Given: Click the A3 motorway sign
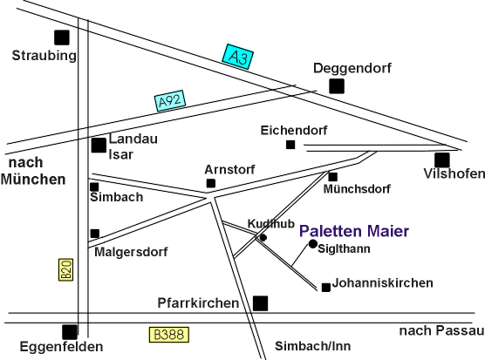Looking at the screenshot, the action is pyautogui.click(x=238, y=57).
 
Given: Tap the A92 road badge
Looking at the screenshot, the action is pyautogui.click(x=170, y=100).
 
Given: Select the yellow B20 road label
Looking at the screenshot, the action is pyautogui.click(x=66, y=269).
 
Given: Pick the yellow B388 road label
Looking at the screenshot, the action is pyautogui.click(x=169, y=335).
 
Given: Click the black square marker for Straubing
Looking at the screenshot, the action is pyautogui.click(x=62, y=37).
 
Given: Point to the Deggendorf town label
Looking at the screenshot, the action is pyautogui.click(x=352, y=68).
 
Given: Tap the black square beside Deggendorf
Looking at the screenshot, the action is pyautogui.click(x=337, y=86).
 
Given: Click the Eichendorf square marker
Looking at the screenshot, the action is pyautogui.click(x=290, y=145).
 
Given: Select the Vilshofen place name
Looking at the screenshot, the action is pyautogui.click(x=454, y=173).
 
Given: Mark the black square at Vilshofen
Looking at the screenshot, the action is pyautogui.click(x=442, y=160).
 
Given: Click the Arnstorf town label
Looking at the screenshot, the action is pyautogui.click(x=229, y=170).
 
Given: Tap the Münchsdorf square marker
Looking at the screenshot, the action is pyautogui.click(x=333, y=177).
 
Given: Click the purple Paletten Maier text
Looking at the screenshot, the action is pyautogui.click(x=354, y=231).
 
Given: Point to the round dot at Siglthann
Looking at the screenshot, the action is pyautogui.click(x=313, y=244).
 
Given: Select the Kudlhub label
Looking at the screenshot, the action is pyautogui.click(x=271, y=224).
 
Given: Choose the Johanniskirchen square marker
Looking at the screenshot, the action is pyautogui.click(x=326, y=288).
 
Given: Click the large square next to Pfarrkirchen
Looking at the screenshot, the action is pyautogui.click(x=261, y=303).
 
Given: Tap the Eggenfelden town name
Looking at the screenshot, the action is pyautogui.click(x=62, y=347).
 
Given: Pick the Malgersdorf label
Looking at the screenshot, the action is pyautogui.click(x=131, y=252).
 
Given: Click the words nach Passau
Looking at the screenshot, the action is pyautogui.click(x=441, y=330).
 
